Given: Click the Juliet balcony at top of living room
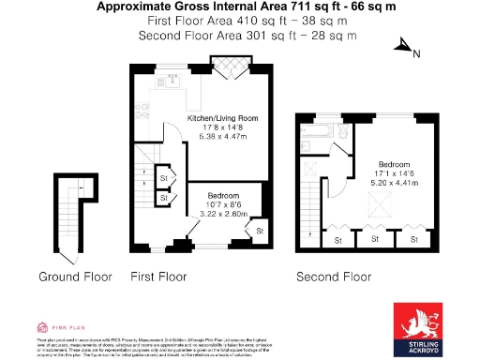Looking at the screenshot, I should (230, 68).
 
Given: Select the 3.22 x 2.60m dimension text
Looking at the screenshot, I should (222, 213).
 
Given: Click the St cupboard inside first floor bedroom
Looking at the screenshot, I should (260, 229).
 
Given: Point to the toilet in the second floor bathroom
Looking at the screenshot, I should (343, 135).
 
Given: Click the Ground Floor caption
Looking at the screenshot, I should (75, 277).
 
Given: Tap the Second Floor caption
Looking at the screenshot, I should (334, 277).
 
